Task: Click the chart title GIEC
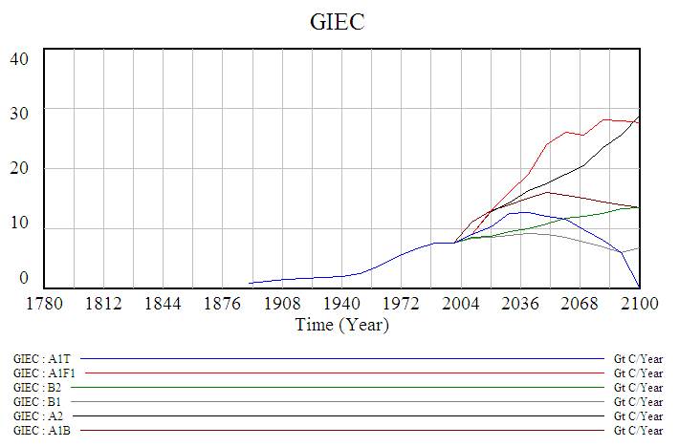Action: tap(339, 21)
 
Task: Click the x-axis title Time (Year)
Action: tap(341, 324)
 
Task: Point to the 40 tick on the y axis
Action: tap(20, 58)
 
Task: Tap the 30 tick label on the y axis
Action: tap(20, 114)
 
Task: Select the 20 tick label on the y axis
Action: tap(20, 169)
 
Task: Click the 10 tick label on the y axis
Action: tap(20, 225)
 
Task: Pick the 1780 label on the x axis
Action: tap(45, 304)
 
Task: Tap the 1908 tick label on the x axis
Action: tap(282, 304)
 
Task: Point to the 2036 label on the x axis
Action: tap(520, 304)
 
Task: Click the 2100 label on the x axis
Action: tap(639, 304)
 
